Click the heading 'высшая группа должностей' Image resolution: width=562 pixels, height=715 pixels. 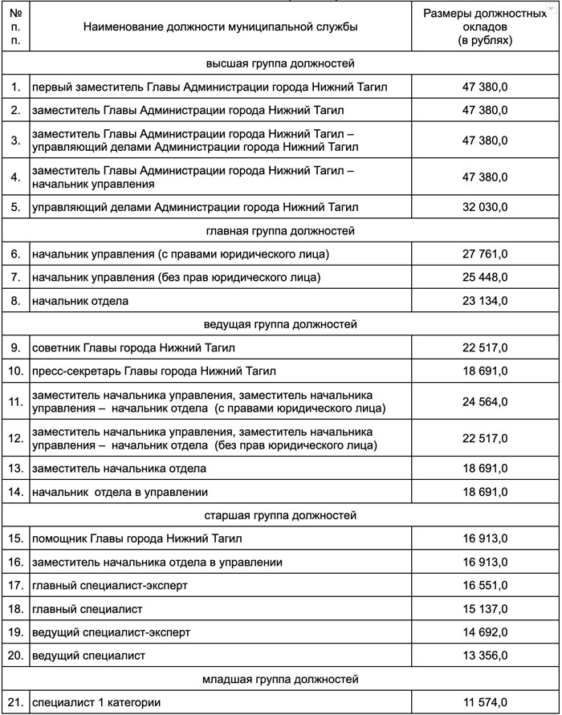(x=280, y=62)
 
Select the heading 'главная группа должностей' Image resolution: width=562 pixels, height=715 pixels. (x=280, y=231)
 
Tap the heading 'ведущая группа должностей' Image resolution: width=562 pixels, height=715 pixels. (x=280, y=324)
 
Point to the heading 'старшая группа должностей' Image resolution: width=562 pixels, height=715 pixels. (x=280, y=515)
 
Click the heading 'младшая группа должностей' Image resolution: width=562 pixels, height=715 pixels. (x=280, y=680)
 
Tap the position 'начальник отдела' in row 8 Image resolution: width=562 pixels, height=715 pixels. (x=80, y=301)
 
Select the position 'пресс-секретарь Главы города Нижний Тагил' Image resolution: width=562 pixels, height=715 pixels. (x=153, y=371)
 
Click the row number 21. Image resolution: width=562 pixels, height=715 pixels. (x=16, y=702)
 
